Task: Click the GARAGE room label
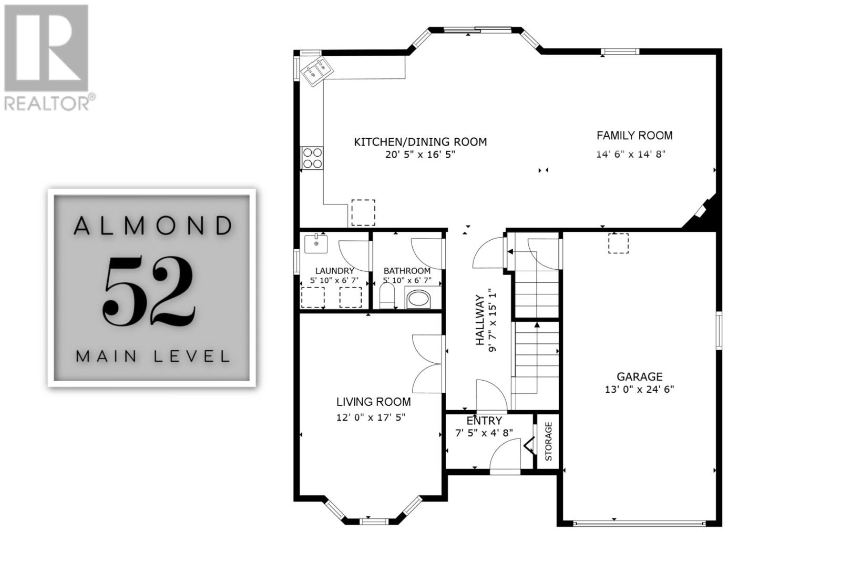tap(639, 376)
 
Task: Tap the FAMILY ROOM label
tap(634, 136)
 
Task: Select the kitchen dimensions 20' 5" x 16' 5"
tap(419, 155)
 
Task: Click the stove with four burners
tap(312, 158)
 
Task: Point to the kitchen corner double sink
tap(317, 72)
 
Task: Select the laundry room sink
tap(315, 243)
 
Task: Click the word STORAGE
tap(548, 442)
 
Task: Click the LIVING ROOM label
tap(373, 402)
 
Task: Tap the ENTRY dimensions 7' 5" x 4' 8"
tap(484, 433)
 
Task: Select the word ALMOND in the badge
tap(153, 226)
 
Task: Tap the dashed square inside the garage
tap(618, 243)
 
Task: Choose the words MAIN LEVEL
tap(153, 356)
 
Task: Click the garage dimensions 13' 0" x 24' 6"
tap(639, 390)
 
